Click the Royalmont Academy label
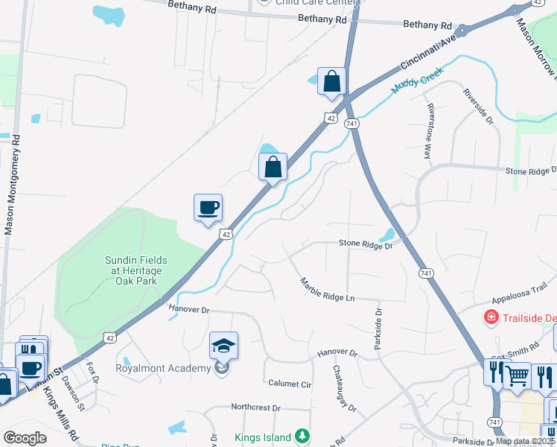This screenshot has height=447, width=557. pyautogui.click(x=163, y=367)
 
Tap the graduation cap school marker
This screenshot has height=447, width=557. pyautogui.click(x=223, y=346)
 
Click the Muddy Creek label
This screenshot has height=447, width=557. pyautogui.click(x=417, y=79)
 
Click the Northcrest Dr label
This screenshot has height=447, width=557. pyautogui.click(x=255, y=408)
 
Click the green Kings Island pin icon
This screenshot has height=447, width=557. pyautogui.click(x=302, y=435)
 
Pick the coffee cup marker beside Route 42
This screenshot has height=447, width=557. pyautogui.click(x=208, y=207)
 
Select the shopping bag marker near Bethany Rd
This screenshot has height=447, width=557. pyautogui.click(x=331, y=81)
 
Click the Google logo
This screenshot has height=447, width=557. pyautogui.click(x=25, y=437)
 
